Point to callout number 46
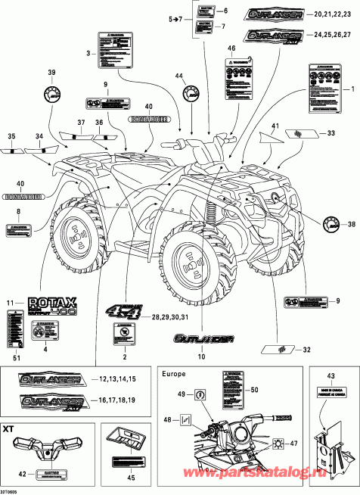[x=231, y=48]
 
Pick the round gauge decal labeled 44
[x=188, y=95]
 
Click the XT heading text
[x=9, y=428]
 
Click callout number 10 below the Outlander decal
[x=200, y=356]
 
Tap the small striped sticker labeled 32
[x=277, y=350]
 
